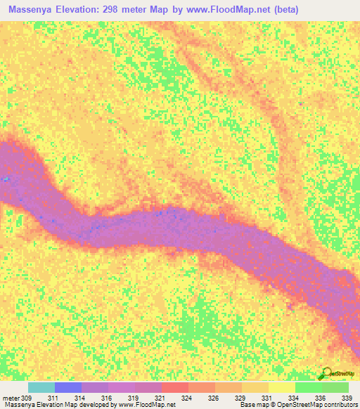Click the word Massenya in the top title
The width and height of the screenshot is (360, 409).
tap(34, 10)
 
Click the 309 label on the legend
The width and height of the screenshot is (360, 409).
tap(27, 398)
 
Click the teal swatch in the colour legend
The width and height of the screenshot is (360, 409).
tap(41, 387)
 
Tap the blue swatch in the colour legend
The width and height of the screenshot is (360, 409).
tap(67, 387)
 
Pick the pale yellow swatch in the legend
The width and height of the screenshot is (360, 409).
tap(281, 387)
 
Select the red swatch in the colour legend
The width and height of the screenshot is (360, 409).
tap(174, 387)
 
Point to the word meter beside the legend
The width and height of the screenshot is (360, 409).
tap(11, 398)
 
